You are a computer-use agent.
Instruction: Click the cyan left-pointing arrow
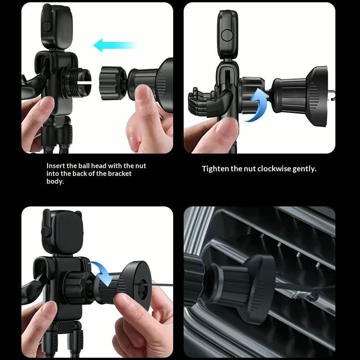point(115,45)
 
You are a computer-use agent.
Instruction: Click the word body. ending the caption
point(55,181)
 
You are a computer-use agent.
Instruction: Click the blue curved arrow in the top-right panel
point(256,104)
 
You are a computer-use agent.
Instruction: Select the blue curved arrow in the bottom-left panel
point(101,273)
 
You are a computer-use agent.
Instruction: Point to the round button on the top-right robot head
point(227,36)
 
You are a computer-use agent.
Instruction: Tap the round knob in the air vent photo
point(259,289)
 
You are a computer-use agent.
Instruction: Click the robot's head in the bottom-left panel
point(62,232)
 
